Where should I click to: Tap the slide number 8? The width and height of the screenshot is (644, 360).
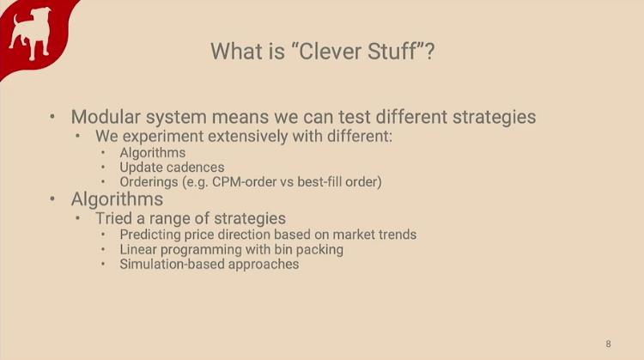click(x=608, y=344)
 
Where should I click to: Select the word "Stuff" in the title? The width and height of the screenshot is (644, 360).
click(x=392, y=52)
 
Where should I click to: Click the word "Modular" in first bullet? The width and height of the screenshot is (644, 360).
click(x=106, y=117)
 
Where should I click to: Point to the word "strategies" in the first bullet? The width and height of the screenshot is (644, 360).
click(x=494, y=118)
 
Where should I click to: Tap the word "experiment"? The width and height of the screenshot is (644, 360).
click(x=164, y=137)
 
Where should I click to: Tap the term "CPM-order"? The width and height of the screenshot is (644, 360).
click(x=245, y=181)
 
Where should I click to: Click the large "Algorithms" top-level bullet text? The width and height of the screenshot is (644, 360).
click(x=117, y=199)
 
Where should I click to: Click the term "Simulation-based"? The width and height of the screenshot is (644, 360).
click(x=172, y=265)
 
